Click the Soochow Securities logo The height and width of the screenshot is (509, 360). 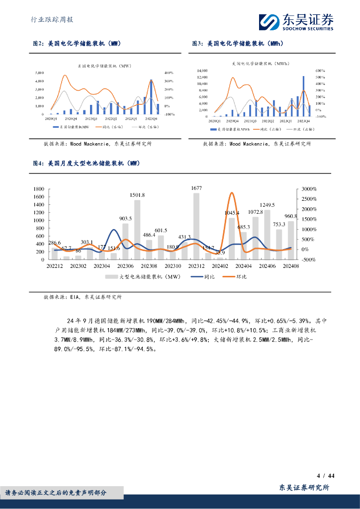295,22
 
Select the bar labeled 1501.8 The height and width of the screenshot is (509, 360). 137,229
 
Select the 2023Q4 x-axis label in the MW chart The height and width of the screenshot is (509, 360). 151,118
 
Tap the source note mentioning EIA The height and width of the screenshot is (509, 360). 83,297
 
